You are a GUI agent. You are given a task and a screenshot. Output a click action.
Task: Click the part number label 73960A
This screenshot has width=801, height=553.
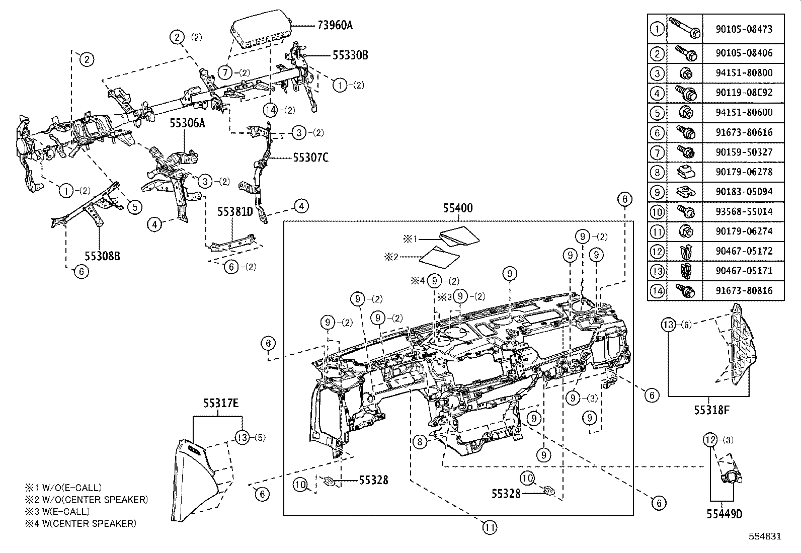(x=335, y=25)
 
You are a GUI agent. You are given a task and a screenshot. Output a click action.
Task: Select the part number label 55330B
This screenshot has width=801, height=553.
(x=350, y=55)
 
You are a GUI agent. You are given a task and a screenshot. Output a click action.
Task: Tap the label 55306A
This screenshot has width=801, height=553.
(x=187, y=123)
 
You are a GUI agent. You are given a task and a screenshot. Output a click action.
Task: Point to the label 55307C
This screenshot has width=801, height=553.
(x=310, y=157)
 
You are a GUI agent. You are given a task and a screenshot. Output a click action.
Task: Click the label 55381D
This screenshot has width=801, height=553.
(x=235, y=212)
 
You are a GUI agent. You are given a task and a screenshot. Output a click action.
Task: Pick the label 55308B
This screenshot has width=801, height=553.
(x=102, y=256)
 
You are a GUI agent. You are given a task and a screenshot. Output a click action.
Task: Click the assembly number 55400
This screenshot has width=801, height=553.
(x=458, y=208)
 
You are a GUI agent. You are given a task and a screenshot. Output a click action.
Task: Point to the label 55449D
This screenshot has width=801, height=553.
(x=725, y=514)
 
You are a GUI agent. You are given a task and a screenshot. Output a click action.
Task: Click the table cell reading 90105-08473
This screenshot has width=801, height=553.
(x=744, y=30)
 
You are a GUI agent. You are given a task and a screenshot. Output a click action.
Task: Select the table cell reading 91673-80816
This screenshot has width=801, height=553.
(x=744, y=290)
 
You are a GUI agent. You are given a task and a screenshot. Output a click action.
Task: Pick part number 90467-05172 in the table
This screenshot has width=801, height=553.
(x=744, y=251)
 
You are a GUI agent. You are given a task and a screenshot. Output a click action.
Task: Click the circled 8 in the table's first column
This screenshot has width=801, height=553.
(x=657, y=172)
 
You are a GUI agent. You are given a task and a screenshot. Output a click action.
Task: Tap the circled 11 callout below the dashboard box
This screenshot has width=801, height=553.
(x=490, y=527)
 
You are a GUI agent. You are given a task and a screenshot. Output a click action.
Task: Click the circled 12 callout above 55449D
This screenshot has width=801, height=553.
(x=710, y=440)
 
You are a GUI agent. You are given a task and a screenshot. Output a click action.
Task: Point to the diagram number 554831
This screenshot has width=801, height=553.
(x=764, y=536)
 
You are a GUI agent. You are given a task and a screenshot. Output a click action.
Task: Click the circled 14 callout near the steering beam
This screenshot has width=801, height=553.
(x=271, y=110)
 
